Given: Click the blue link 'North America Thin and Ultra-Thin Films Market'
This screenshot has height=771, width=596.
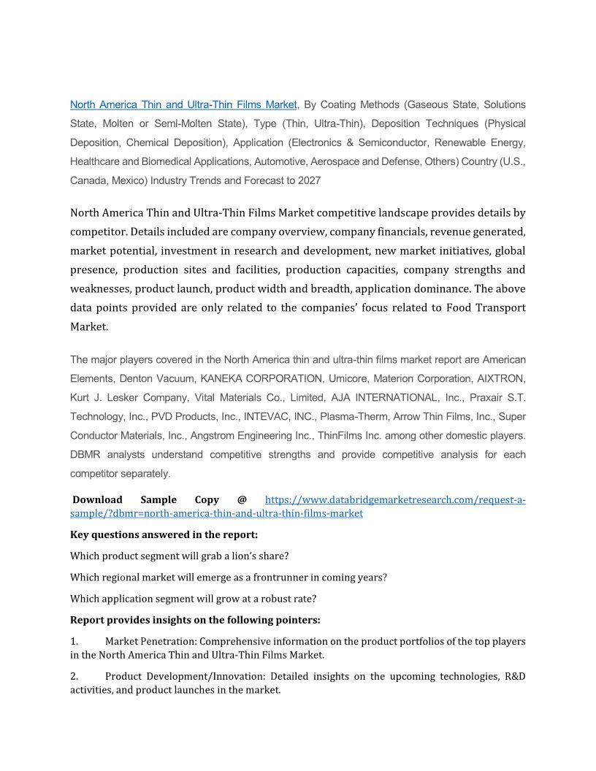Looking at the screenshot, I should point(183,105).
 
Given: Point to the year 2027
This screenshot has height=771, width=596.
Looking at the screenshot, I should point(308,180).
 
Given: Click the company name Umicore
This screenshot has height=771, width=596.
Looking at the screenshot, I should point(349,379).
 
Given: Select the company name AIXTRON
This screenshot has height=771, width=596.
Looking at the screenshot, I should point(501,379).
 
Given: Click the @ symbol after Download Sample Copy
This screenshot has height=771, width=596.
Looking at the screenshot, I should point(242,500).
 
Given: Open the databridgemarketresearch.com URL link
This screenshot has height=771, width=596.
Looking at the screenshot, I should point(394,500).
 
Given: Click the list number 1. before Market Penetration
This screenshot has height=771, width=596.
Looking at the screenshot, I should point(74,642).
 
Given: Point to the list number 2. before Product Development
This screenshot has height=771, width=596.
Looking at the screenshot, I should point(74,677).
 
